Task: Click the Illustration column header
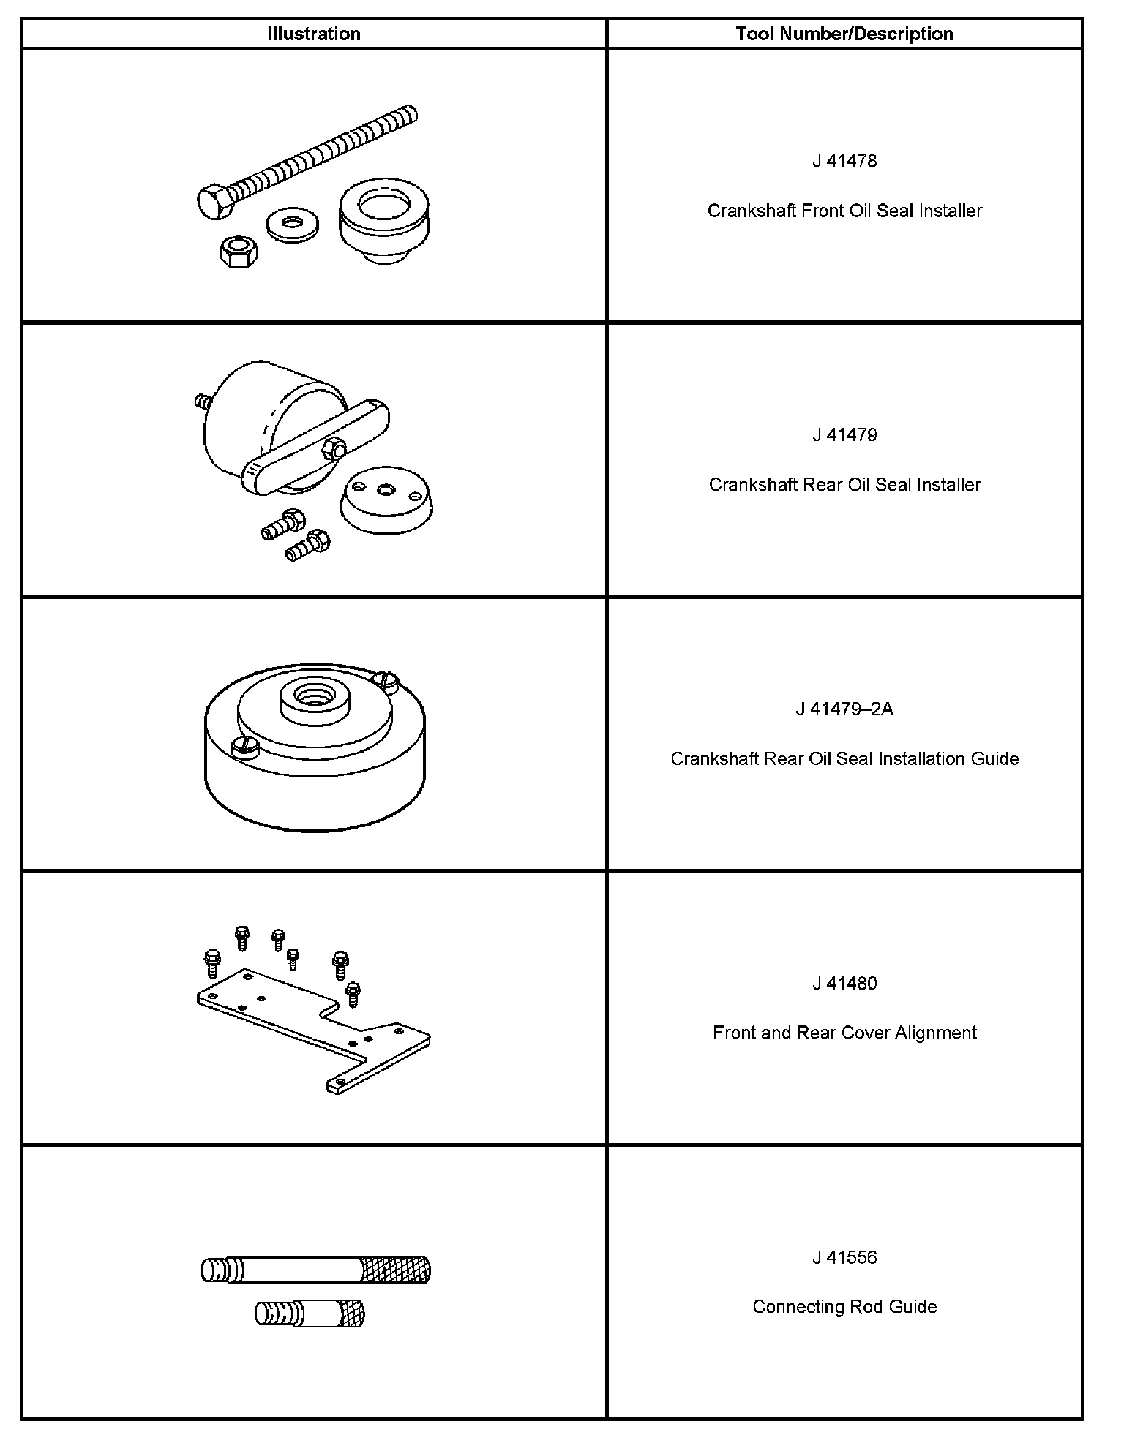[314, 34]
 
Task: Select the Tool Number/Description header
[844, 34]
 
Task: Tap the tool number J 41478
[844, 161]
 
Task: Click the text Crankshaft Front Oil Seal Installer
[844, 211]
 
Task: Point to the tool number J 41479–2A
[844, 709]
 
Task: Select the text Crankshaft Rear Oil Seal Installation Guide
[844, 758]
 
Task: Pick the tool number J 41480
[844, 983]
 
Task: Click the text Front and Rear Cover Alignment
[844, 1033]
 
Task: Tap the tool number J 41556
[844, 1257]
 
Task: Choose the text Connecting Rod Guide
[844, 1307]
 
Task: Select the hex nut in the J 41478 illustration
[237, 252]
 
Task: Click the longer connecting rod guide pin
[315, 1269]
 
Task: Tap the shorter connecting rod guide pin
[310, 1314]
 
